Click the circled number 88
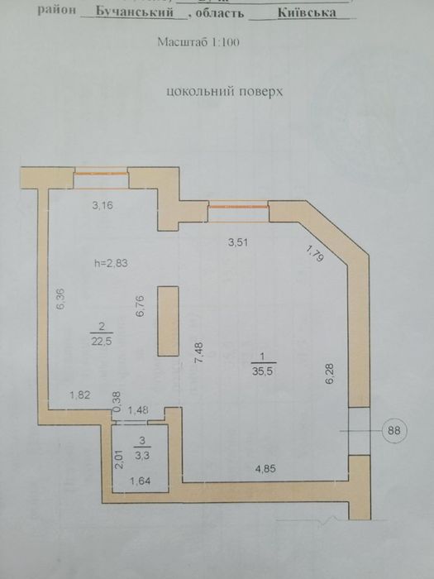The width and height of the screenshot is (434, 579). pyautogui.click(x=395, y=430)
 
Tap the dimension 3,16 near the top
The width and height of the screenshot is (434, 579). pyautogui.click(x=102, y=206)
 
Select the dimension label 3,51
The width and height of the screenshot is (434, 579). pyautogui.click(x=239, y=242)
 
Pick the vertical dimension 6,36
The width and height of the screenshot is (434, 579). pyautogui.click(x=58, y=299)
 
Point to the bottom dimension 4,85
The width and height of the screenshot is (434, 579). pyautogui.click(x=265, y=470)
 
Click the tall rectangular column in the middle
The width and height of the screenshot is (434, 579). pyautogui.click(x=168, y=322)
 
